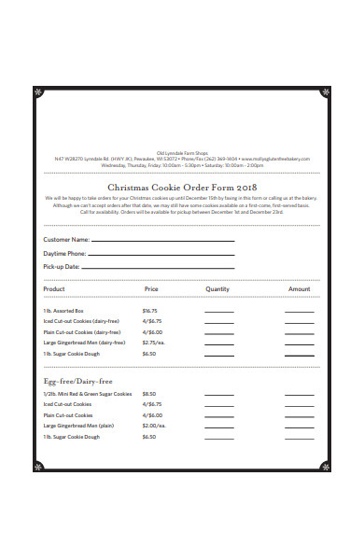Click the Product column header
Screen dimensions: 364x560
[x=54, y=289]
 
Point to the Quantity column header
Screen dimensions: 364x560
[x=217, y=289]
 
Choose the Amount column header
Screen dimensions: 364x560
[x=299, y=289]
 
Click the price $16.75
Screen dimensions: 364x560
[x=149, y=311]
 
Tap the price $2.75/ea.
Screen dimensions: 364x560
[x=154, y=343]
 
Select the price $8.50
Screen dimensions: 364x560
[x=149, y=394]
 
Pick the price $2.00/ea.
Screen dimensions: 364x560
[x=154, y=426]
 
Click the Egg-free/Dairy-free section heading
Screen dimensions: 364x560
[x=78, y=381]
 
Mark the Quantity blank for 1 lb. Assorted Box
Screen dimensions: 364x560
[x=219, y=313]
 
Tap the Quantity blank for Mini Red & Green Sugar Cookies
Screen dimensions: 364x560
[x=219, y=396]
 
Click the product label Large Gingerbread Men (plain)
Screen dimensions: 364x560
[x=78, y=426]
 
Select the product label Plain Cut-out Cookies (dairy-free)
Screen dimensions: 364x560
[x=82, y=332]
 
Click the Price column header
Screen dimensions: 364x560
[x=152, y=289]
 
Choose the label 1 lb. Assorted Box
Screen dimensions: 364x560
[x=63, y=311]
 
